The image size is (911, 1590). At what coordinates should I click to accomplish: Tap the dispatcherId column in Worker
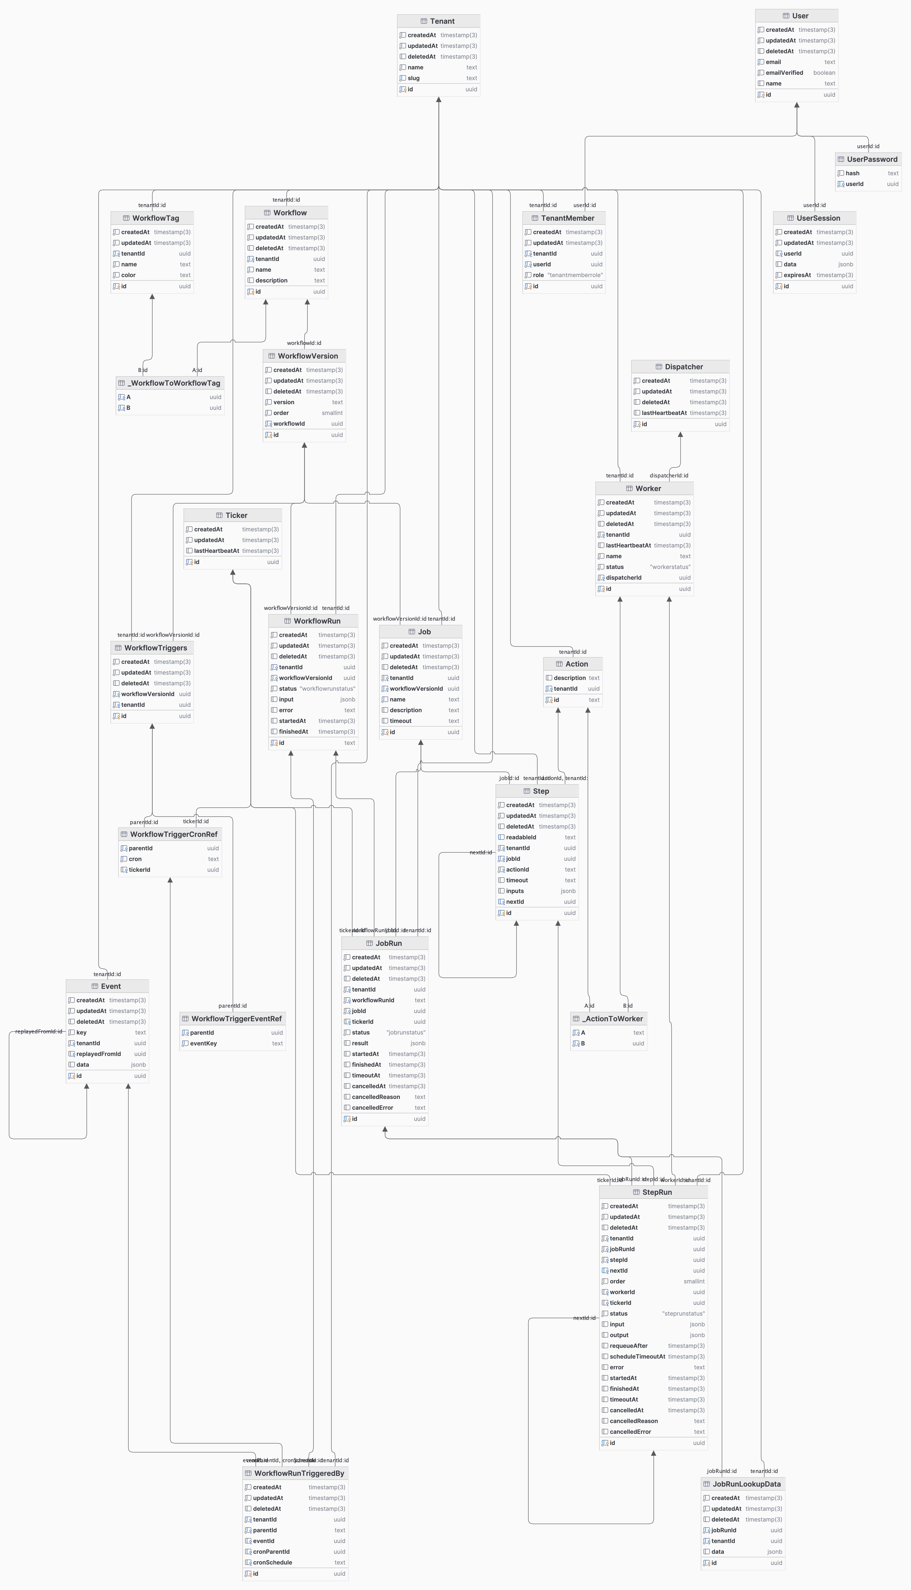[623, 578]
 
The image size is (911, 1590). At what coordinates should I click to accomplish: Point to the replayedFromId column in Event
[98, 1054]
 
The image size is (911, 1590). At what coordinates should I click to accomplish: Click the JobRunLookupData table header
[743, 1484]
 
